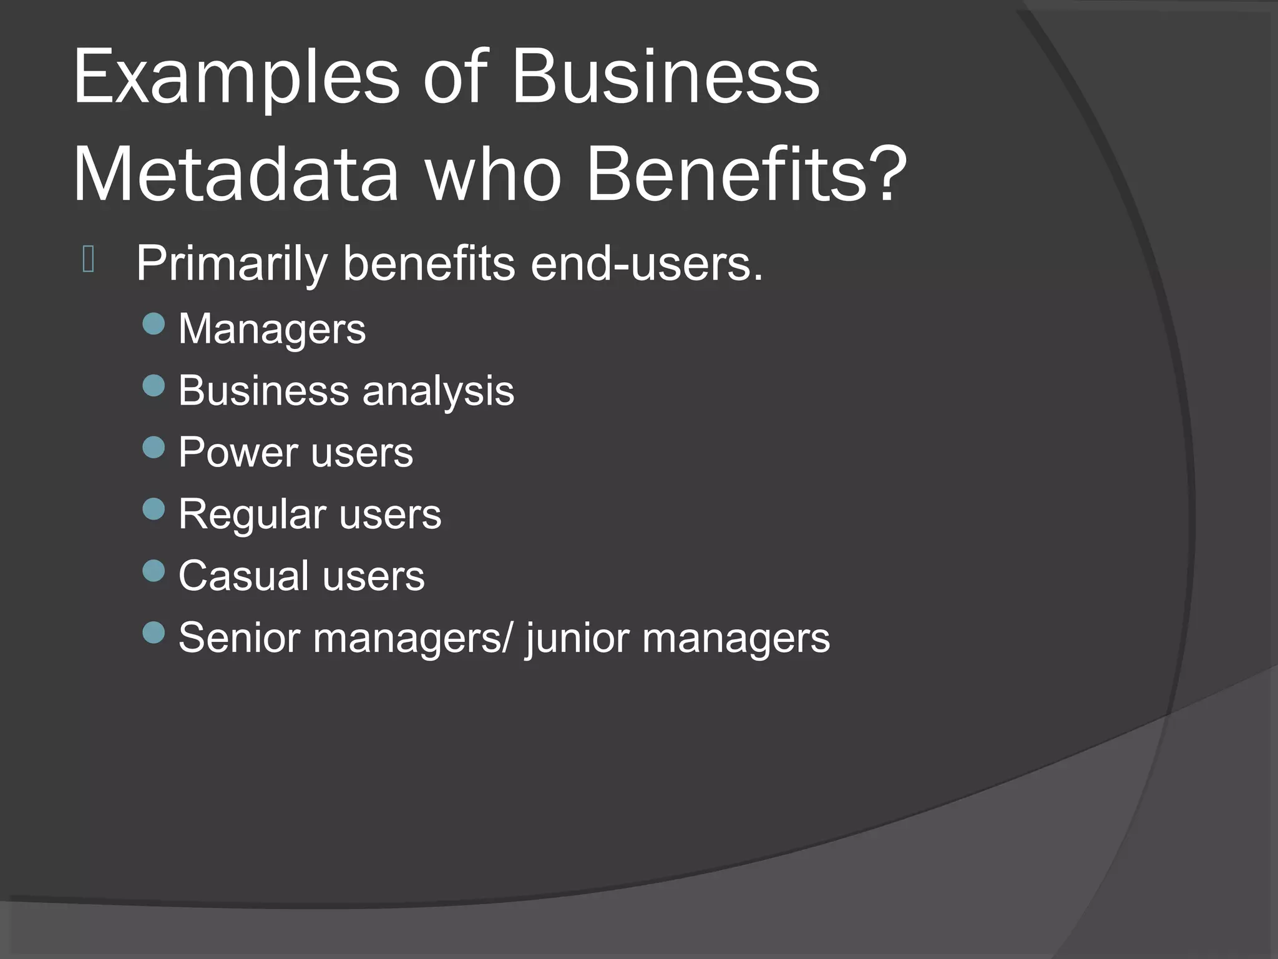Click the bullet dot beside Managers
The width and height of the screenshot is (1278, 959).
[154, 324]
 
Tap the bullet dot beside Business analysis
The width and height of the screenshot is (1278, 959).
[154, 386]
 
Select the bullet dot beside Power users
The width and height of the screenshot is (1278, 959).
[154, 447]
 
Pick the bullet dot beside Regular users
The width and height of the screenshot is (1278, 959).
[154, 509]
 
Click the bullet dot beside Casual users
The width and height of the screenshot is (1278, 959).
[154, 571]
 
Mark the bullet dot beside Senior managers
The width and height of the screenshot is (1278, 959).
[154, 632]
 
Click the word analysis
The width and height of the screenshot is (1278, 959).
[438, 391]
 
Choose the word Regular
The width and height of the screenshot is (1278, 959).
[251, 515]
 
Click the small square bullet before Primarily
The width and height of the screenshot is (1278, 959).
[89, 260]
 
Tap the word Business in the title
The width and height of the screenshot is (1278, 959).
[665, 78]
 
